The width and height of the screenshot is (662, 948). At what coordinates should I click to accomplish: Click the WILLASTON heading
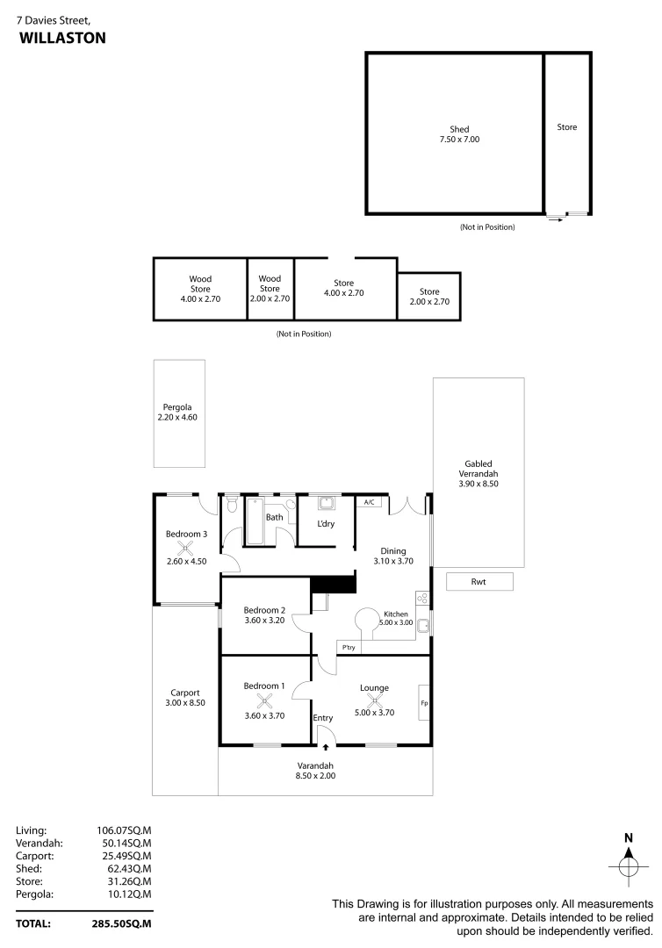pos(62,38)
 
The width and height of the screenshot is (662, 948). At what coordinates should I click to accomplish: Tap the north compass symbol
pos(628,865)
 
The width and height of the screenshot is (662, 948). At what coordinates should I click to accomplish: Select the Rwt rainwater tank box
pos(479,581)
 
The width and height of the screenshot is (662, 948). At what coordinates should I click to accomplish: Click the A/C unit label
pos(369,502)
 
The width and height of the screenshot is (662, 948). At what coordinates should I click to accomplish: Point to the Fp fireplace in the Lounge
pos(424,703)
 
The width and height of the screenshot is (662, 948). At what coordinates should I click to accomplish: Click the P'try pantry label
pos(349,647)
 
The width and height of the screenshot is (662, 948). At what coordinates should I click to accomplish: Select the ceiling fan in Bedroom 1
pos(265,700)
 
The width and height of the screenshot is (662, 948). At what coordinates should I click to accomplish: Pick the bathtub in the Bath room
pos(255,521)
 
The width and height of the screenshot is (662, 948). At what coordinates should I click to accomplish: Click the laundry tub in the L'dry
pos(325,504)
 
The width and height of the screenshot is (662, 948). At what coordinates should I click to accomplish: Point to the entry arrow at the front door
pos(326,748)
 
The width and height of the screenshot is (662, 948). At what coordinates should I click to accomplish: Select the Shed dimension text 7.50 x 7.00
pos(459,139)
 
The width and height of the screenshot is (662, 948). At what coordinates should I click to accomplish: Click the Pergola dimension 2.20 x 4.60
pos(178,418)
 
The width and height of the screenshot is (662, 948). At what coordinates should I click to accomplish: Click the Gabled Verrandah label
pos(479,473)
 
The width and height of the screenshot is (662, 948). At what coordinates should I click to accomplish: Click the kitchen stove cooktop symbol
pos(421,598)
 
